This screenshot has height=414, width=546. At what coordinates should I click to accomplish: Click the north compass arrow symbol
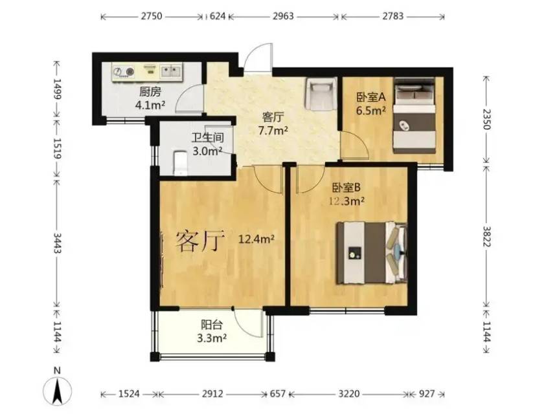(x=58, y=389)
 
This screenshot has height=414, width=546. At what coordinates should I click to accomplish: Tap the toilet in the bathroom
(x=180, y=162)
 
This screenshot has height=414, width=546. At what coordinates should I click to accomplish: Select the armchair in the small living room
(x=321, y=94)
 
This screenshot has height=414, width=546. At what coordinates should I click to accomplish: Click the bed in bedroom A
(x=415, y=116)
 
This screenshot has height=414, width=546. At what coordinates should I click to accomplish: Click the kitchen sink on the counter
(x=170, y=71)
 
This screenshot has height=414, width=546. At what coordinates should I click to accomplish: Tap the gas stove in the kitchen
(x=124, y=72)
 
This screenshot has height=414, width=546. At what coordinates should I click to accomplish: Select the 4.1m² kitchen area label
(x=150, y=105)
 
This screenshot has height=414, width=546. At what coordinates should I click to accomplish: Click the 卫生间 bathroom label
(x=207, y=138)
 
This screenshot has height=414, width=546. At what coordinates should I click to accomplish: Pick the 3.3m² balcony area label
(x=212, y=338)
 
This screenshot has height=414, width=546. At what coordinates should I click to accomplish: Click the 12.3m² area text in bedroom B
(x=347, y=201)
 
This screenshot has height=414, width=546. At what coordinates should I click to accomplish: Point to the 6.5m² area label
(x=370, y=111)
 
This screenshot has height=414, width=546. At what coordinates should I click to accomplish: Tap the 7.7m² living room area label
(x=273, y=131)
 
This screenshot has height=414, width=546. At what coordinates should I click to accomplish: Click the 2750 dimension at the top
(x=152, y=16)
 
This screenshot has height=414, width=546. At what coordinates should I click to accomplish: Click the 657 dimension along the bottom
(x=278, y=394)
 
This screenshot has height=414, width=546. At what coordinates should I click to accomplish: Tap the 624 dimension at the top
(x=218, y=16)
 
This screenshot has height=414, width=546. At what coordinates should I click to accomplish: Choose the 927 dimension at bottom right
(x=427, y=394)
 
